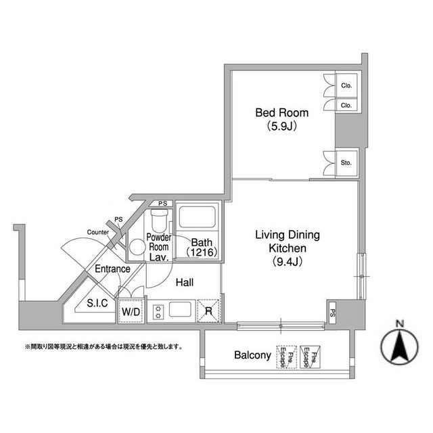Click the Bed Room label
coord(281,113)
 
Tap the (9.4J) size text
coord(288,261)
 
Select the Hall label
coord(185,283)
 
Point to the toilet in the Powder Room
coord(160,221)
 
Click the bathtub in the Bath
coord(197,217)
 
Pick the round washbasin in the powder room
coord(137,247)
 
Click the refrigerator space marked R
coord(208,311)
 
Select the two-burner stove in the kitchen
coord(158,312)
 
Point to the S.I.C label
coord(97,303)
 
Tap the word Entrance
coord(112,269)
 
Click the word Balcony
coord(252,355)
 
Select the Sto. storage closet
coord(346,163)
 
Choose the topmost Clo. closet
coord(346,85)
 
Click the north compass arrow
coord(400,346)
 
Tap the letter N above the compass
coord(400,323)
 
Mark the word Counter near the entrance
coord(97,232)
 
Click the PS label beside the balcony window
coord(333,313)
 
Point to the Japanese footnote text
coord(104,346)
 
